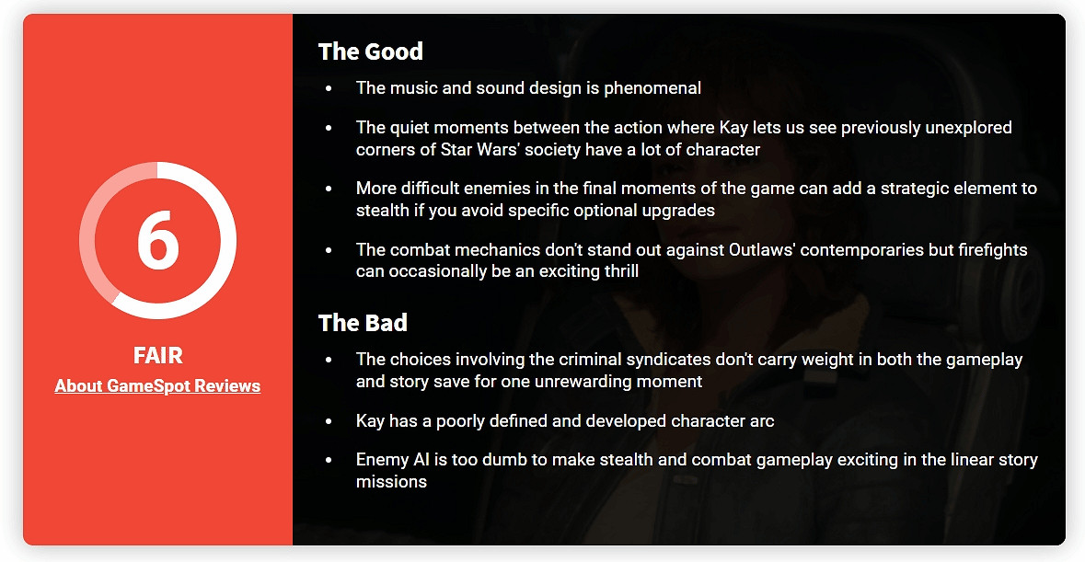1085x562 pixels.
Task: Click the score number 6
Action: click(x=158, y=240)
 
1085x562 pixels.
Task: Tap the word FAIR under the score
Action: click(x=157, y=355)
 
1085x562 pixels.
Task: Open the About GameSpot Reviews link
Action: click(x=157, y=385)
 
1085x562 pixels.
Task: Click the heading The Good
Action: click(x=370, y=52)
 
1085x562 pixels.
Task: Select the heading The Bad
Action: click(x=363, y=323)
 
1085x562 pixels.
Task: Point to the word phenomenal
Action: click(x=652, y=88)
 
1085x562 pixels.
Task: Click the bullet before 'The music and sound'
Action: click(x=329, y=88)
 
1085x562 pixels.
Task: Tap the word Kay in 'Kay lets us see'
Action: click(x=733, y=128)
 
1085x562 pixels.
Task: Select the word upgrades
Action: click(x=678, y=210)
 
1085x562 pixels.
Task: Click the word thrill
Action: click(x=621, y=271)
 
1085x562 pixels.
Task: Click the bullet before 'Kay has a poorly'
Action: click(x=329, y=421)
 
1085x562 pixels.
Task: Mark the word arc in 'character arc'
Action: click(x=761, y=421)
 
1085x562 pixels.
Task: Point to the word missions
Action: click(x=391, y=482)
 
